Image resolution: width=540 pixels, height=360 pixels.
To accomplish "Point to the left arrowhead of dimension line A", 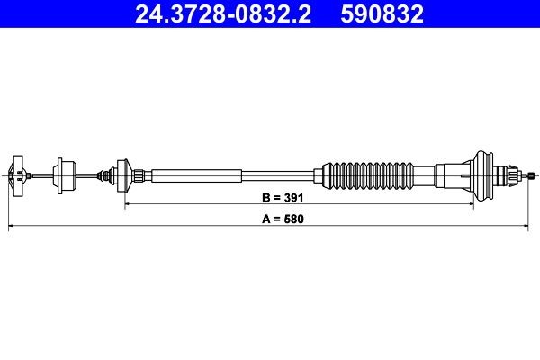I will click(11, 229).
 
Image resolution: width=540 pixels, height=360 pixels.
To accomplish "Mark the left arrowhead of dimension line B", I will click(127, 204).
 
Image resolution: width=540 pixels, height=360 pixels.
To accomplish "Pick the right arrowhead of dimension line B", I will click(471, 204).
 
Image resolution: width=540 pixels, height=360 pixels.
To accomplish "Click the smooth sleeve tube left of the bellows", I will click(198, 173).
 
